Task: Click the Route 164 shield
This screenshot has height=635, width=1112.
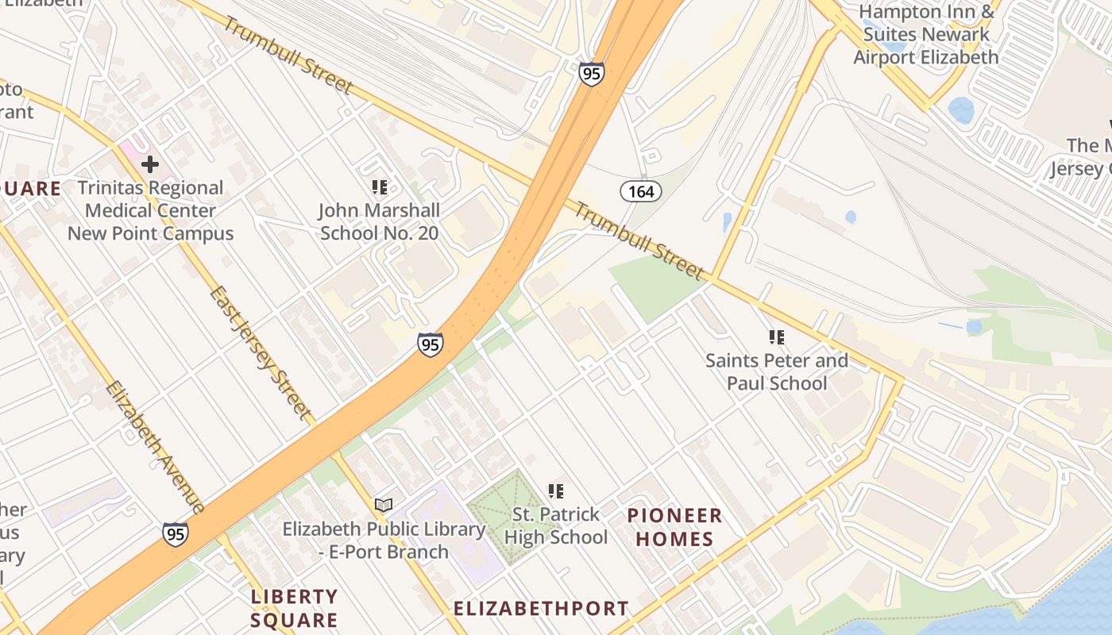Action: click(640, 190)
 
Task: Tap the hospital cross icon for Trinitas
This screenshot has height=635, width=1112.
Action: click(149, 164)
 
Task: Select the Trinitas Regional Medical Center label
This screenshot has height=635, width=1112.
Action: click(150, 210)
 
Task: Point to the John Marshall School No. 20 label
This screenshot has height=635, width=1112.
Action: click(379, 221)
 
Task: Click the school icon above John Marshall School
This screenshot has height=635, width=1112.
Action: click(379, 187)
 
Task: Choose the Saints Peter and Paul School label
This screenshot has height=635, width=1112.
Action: click(776, 371)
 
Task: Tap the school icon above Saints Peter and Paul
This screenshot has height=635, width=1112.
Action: click(776, 337)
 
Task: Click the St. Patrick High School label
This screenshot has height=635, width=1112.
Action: click(556, 525)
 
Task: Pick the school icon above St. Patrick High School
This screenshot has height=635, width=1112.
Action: click(555, 491)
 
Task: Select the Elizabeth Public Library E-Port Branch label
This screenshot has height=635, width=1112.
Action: click(384, 540)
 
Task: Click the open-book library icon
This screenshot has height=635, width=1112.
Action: click(384, 505)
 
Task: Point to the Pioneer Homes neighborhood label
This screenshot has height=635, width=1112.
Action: click(674, 528)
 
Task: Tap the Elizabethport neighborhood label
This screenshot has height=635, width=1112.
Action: click(541, 609)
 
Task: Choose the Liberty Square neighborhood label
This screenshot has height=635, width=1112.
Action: click(294, 608)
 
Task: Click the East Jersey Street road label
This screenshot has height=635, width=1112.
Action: click(259, 352)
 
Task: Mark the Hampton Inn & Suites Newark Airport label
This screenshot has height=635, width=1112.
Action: click(926, 35)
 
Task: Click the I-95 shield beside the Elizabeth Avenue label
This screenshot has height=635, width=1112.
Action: click(176, 533)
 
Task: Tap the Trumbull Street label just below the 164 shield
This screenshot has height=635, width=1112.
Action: click(639, 241)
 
